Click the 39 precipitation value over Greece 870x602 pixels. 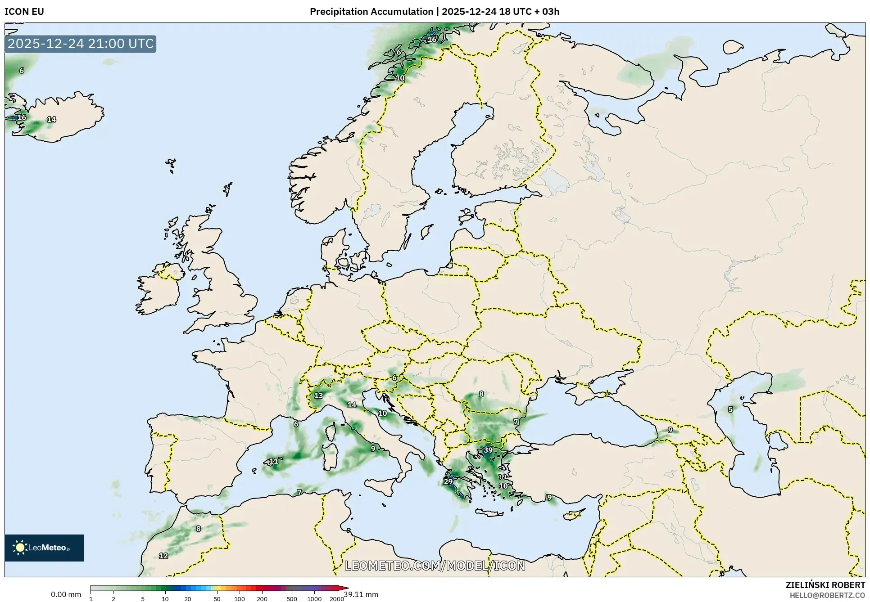point(488,450)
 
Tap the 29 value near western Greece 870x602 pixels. point(448,481)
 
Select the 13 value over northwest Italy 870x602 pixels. point(318,395)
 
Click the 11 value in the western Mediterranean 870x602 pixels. point(273,461)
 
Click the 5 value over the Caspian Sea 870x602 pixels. point(730,409)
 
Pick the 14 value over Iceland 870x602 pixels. point(51,119)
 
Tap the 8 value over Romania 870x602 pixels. point(481,394)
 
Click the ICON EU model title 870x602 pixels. point(24,12)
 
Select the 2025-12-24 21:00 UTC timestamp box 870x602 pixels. point(81,44)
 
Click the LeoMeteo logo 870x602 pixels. point(44,548)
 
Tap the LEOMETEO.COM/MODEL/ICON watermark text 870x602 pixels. point(435,566)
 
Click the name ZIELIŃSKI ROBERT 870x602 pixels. point(825,585)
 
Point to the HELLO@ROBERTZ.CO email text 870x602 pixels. point(827,595)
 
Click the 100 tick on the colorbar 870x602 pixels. point(240,599)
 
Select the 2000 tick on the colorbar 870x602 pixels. point(337,599)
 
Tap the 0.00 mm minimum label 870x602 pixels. point(66,594)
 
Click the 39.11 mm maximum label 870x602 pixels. point(361,594)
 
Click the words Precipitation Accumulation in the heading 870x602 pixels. point(371,12)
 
